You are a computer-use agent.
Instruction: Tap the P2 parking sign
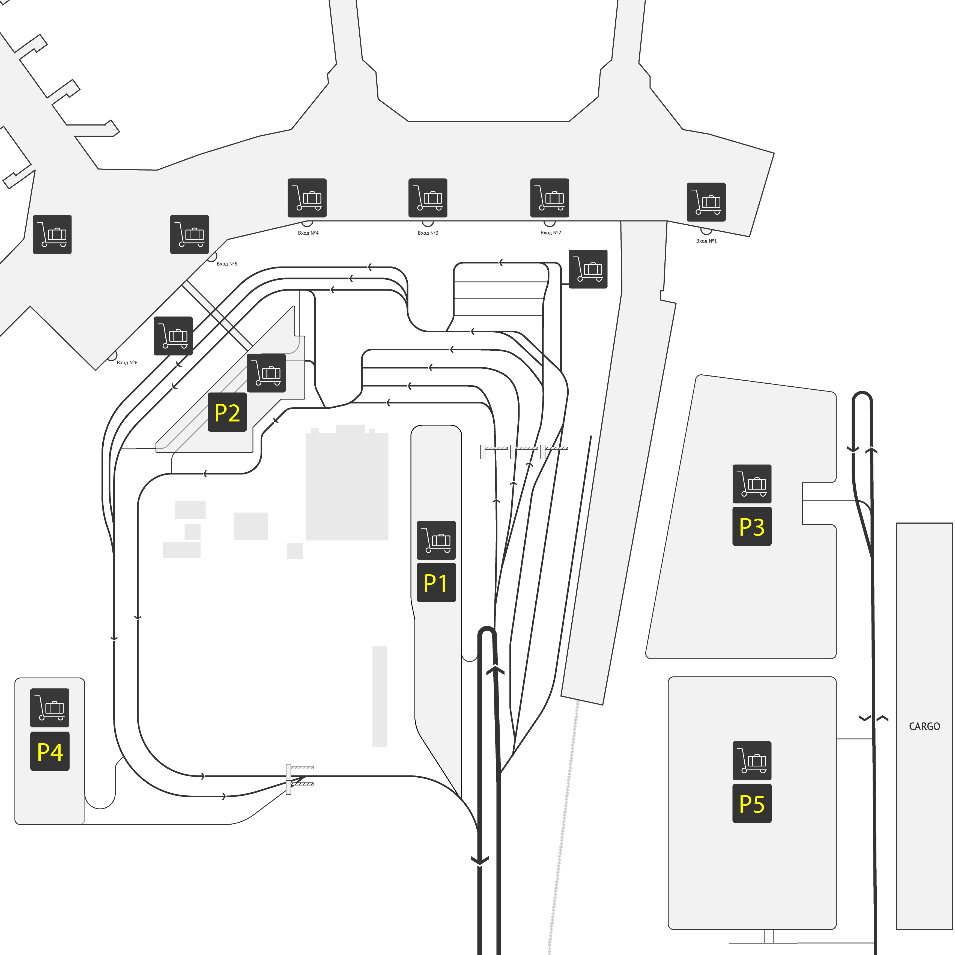point(227,412)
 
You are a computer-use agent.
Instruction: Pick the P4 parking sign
point(50,752)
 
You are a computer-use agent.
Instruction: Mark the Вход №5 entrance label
point(227,264)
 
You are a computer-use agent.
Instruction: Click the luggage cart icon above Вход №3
point(428,198)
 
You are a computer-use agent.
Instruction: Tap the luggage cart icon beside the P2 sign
point(266,373)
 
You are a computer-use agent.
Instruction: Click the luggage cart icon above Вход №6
point(174,336)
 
